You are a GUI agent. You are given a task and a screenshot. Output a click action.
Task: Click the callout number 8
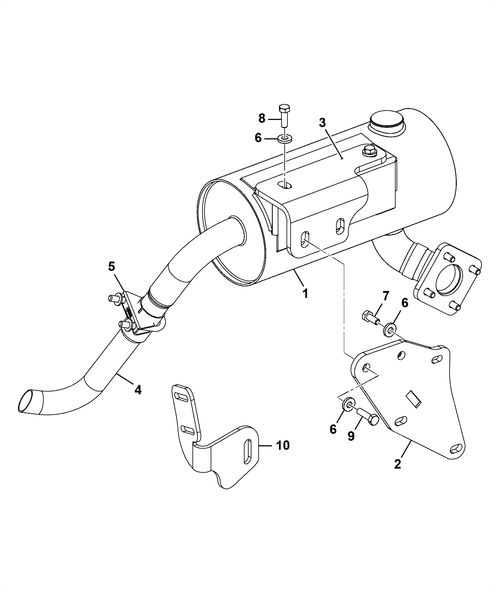click(x=262, y=118)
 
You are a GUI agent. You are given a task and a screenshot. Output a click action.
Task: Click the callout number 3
click(x=323, y=123)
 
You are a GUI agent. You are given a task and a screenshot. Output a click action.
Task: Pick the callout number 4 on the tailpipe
click(x=138, y=390)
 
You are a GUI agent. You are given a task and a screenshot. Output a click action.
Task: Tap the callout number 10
click(x=282, y=445)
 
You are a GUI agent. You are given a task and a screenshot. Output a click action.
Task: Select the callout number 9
click(x=351, y=436)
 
